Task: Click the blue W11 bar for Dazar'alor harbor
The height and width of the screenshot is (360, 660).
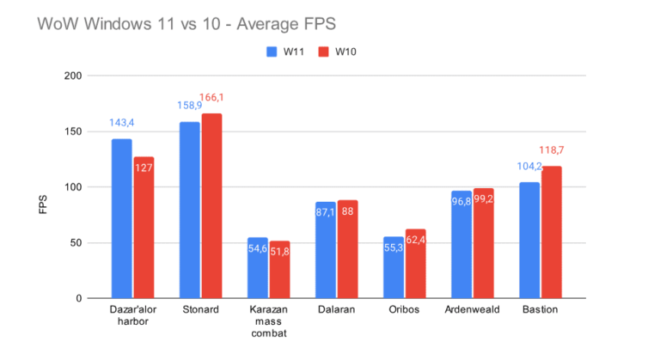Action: (122, 218)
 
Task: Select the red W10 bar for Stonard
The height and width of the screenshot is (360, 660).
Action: (211, 206)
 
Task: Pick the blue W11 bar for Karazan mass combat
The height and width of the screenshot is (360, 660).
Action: (258, 268)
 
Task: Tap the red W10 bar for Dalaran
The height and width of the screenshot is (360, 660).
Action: (347, 249)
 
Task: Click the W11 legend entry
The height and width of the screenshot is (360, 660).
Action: (284, 52)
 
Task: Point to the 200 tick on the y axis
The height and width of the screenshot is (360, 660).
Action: (73, 76)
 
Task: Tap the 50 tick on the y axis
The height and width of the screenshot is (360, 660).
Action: (76, 243)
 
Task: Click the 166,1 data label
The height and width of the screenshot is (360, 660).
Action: (212, 99)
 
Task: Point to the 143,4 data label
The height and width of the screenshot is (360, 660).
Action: (122, 124)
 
